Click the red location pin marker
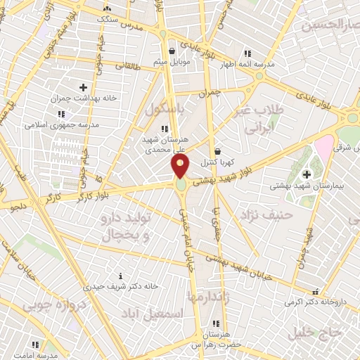click(181, 167)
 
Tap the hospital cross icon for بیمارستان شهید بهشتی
click(306, 174)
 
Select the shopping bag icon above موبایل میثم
click(172, 50)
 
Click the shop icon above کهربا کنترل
click(217, 150)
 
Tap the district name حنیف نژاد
click(257, 214)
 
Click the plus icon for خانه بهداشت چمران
click(84, 88)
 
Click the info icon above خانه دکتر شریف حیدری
click(120, 275)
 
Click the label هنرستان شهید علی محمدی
click(162, 145)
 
